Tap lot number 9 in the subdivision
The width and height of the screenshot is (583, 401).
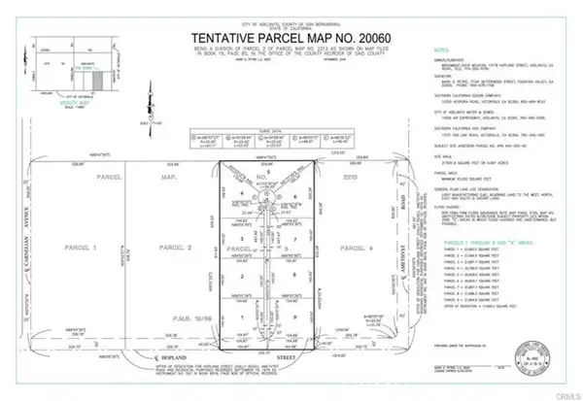293,317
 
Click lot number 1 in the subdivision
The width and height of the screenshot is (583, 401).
237,317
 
